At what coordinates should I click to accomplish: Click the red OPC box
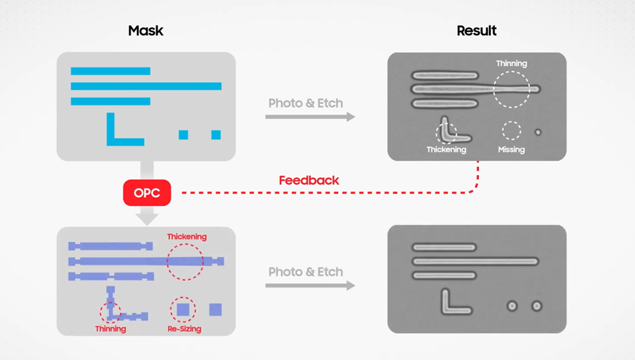[x=147, y=193]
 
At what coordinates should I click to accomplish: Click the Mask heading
[x=146, y=31]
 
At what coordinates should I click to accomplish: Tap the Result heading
[x=477, y=31]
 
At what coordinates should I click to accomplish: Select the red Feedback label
[x=309, y=180]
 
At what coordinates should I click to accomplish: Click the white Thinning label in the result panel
[x=512, y=63]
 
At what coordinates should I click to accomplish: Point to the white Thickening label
[x=447, y=149]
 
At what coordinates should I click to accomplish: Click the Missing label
[x=512, y=149]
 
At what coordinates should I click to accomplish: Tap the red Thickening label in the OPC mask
[x=186, y=237]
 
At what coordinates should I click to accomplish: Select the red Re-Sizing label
[x=185, y=329]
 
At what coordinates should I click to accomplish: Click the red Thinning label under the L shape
[x=111, y=329]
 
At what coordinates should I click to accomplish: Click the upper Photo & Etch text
[x=306, y=103]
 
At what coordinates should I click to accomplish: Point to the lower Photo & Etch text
[x=306, y=272]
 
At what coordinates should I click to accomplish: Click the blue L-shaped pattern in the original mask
[x=111, y=140]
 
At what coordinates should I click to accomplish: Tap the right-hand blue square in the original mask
[x=216, y=135]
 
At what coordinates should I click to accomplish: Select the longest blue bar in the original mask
[x=146, y=86]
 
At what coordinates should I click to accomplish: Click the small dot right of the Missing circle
[x=539, y=132]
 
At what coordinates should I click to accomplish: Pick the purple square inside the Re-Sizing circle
[x=183, y=310]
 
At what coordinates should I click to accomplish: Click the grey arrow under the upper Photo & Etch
[x=310, y=117]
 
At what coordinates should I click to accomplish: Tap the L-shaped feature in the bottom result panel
[x=445, y=309]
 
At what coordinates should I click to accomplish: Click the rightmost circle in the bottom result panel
[x=537, y=306]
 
